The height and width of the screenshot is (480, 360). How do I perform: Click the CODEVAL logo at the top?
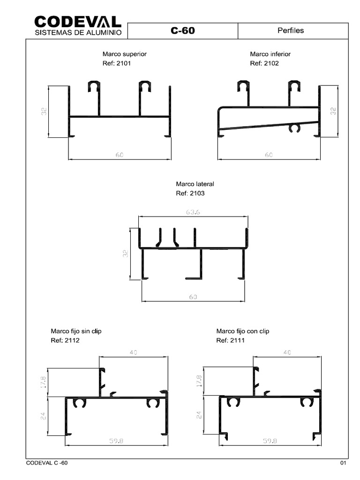coord(78,22)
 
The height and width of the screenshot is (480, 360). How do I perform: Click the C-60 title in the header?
coord(183,31)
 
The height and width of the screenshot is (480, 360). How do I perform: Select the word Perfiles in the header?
coord(291,30)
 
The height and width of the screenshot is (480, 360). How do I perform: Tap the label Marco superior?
coord(121,54)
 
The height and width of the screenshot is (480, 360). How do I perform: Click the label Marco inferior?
coord(270,54)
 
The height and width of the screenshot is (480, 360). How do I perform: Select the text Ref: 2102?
coord(264,63)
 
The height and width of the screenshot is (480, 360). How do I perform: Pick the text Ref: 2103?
coord(190,193)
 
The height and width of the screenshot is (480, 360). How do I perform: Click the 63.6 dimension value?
coord(193,212)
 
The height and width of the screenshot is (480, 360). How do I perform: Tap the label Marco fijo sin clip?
coord(76,331)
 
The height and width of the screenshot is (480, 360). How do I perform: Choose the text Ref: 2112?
coord(65,340)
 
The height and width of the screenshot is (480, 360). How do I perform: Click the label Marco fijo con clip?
coord(243,331)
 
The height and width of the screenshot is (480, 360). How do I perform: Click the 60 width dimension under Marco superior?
coord(120,155)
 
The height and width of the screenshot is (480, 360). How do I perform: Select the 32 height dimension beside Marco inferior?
coord(333,111)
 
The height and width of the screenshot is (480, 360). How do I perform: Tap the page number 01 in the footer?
coord(343,464)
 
